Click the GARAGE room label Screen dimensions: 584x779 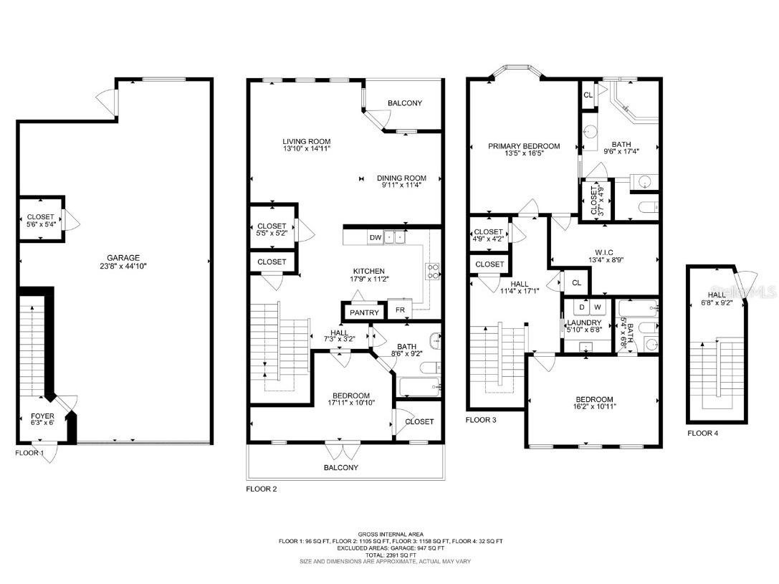tap(124, 258)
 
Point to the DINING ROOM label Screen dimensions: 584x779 tap(403, 178)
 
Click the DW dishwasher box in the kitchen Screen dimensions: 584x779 tap(375, 237)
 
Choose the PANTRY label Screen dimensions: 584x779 tap(364, 312)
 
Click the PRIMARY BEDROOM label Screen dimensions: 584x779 tap(524, 146)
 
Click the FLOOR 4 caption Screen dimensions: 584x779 tap(702, 433)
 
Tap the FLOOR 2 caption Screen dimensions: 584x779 tap(261, 489)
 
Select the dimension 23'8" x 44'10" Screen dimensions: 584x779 tap(124, 266)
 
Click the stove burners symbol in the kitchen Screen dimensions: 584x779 tap(434, 269)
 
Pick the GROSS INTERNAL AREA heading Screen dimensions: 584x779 tap(391, 534)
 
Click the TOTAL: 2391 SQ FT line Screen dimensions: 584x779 tap(391, 554)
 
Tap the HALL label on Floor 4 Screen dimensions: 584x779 tap(717, 295)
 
